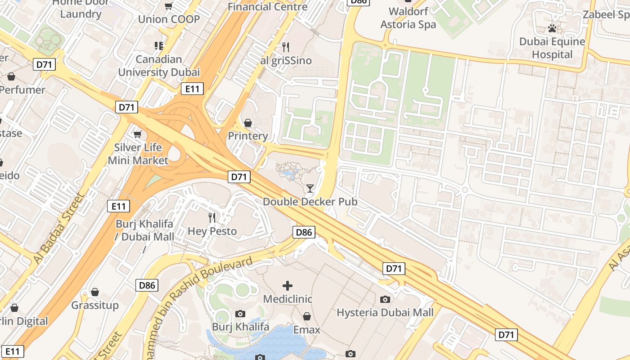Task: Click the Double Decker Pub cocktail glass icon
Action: (x=310, y=188)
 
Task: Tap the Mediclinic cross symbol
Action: (x=288, y=285)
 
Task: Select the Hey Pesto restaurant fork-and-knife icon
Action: (x=212, y=218)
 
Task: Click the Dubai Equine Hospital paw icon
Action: (x=552, y=28)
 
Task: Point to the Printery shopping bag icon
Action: (x=247, y=123)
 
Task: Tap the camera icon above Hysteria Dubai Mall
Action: (x=385, y=299)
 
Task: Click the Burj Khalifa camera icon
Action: (x=240, y=314)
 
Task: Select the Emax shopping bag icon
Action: (x=306, y=316)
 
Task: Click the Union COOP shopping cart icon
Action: (x=168, y=6)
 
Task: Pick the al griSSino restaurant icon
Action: (x=285, y=47)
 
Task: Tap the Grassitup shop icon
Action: (x=94, y=292)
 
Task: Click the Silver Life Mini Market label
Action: (x=138, y=154)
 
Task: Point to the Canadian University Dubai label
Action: (x=159, y=66)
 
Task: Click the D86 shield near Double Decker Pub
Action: (x=304, y=232)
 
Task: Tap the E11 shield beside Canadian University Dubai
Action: (x=192, y=89)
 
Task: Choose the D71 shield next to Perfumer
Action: (x=44, y=64)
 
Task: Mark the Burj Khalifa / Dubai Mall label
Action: (x=145, y=230)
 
